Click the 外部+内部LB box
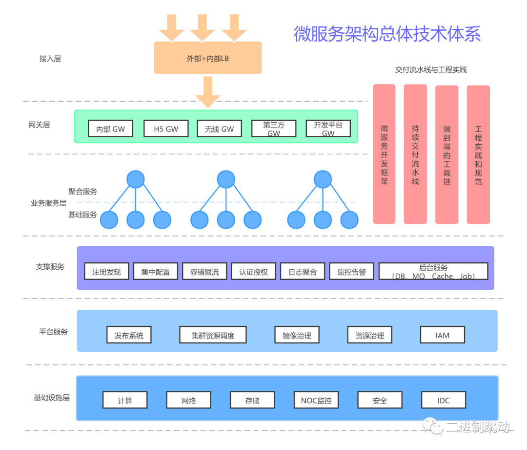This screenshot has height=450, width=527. pyautogui.click(x=208, y=58)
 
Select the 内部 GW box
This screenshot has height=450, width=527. pyautogui.click(x=111, y=129)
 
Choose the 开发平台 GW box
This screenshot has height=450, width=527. pyautogui.click(x=328, y=129)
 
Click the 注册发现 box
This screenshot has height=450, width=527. pyautogui.click(x=106, y=272)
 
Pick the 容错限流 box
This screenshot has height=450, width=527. pyautogui.click(x=204, y=272)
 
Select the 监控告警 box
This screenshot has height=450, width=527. pyautogui.click(x=351, y=272)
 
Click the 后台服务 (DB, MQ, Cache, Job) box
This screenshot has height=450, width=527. pyautogui.click(x=433, y=272)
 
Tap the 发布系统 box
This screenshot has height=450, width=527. pyautogui.click(x=129, y=335)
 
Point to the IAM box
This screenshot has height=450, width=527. pyautogui.click(x=442, y=335)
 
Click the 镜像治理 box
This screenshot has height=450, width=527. pyautogui.click(x=297, y=335)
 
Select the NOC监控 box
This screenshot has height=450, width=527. pyautogui.click(x=316, y=400)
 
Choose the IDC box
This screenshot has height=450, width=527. pyautogui.click(x=443, y=400)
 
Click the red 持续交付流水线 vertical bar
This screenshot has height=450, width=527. pyautogui.click(x=415, y=154)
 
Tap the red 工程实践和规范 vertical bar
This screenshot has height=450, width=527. pyautogui.click(x=478, y=154)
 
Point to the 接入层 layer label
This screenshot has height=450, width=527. pyautogui.click(x=50, y=59)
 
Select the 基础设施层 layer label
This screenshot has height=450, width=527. pyautogui.click(x=52, y=397)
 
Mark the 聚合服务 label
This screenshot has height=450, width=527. pyautogui.click(x=82, y=192)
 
